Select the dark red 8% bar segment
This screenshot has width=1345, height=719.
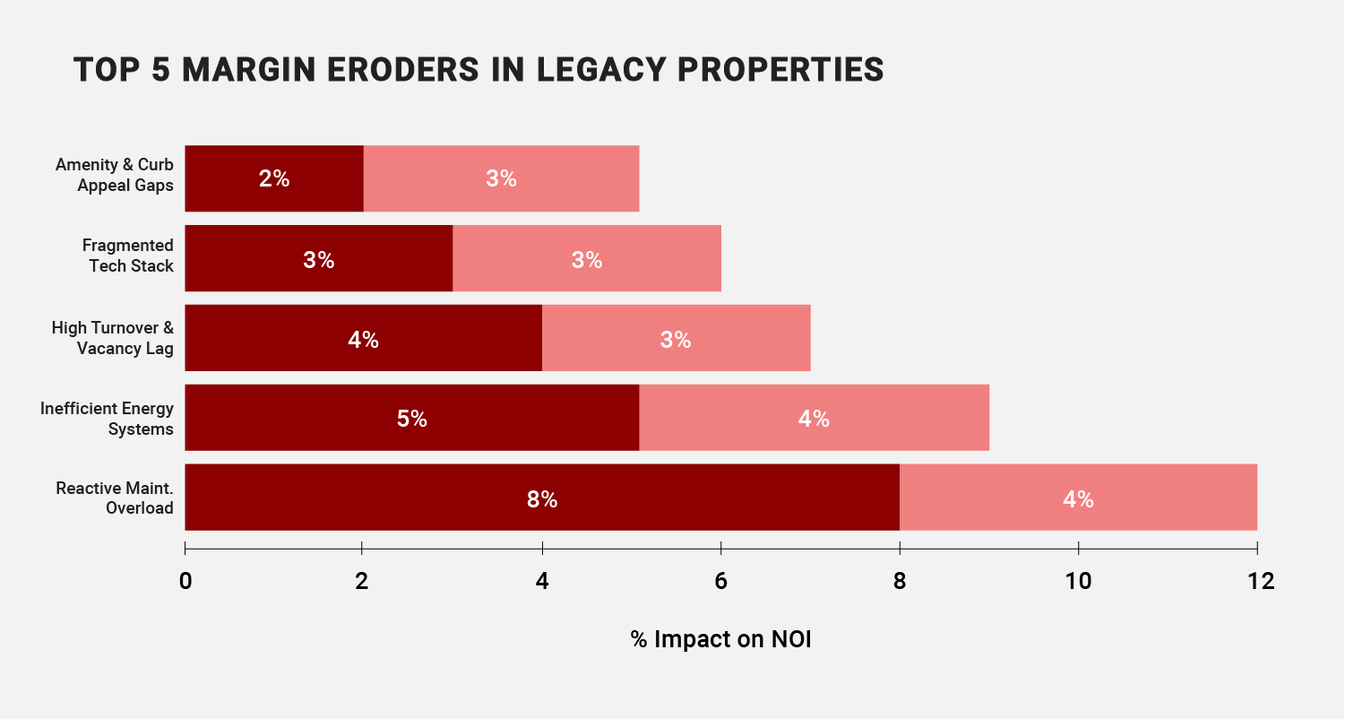[542, 498]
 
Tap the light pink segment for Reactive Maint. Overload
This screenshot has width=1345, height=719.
[1078, 498]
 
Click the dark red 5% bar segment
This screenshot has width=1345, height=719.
[411, 418]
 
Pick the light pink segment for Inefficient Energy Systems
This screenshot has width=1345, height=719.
[814, 418]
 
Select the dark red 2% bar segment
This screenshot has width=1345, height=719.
[274, 178]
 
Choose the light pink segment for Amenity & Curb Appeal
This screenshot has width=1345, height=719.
[501, 178]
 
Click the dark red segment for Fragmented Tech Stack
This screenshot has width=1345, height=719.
[318, 259]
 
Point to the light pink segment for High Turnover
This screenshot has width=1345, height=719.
[676, 339]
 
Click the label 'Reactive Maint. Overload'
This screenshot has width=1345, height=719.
[114, 498]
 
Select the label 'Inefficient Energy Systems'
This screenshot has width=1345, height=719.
[107, 418]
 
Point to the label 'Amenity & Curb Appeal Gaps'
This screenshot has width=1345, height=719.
[114, 175]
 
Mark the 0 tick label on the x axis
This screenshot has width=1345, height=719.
[185, 581]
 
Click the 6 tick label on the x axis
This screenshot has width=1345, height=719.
[721, 581]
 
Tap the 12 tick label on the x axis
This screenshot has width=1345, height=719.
[1259, 581]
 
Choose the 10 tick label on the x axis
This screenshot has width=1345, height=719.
[1079, 581]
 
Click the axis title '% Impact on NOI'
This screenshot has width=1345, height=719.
[720, 640]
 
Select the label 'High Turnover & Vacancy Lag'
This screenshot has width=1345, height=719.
[112, 337]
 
